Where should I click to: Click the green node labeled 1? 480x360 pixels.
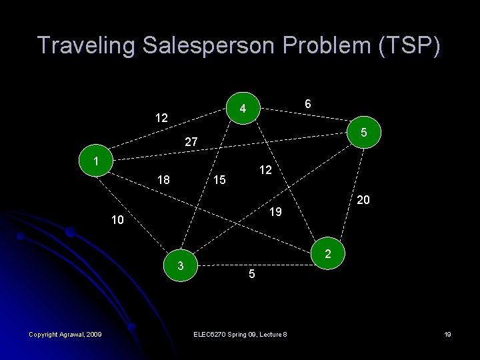(97, 161)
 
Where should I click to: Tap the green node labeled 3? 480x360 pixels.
(181, 267)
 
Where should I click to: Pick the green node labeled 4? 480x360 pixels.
(244, 108)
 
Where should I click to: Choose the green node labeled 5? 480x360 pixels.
(364, 133)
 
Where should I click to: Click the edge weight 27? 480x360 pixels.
(191, 141)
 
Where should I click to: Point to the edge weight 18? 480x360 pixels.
(163, 180)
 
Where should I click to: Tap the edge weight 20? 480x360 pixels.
(363, 200)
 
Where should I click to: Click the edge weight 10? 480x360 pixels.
(117, 220)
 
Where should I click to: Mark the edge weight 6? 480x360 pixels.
(307, 104)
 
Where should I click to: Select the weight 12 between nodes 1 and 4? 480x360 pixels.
(161, 118)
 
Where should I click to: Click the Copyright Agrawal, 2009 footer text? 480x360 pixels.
(65, 334)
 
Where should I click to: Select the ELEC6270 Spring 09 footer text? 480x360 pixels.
(239, 334)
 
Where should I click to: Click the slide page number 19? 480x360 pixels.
(447, 334)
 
